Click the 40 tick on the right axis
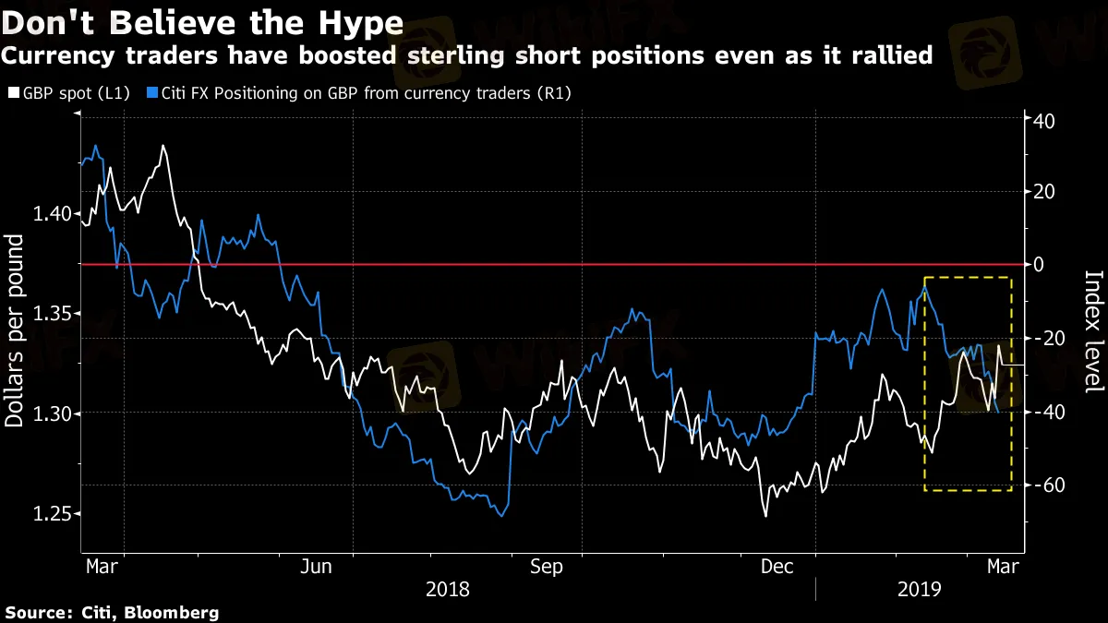pos(1045,121)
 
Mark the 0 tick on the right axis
pos(1041,265)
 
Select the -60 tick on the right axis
pos(1049,485)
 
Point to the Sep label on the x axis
pos(547,567)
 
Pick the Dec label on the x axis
pos(777,567)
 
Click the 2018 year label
pos(447,589)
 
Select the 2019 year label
pos(919,589)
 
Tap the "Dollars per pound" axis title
pos(16,330)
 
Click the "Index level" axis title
pos(1093,330)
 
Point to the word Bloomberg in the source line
pos(173,612)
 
